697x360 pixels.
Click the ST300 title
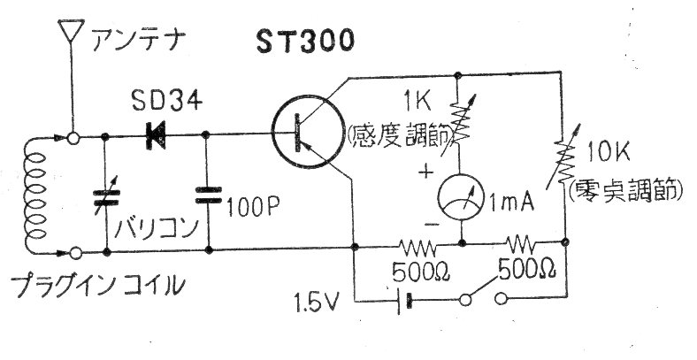click(305, 42)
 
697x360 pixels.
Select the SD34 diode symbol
click(155, 135)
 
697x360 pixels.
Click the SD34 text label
click(166, 102)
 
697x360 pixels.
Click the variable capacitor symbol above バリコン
click(106, 198)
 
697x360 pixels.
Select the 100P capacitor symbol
click(209, 195)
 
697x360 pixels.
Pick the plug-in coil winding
click(35, 195)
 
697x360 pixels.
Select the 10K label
click(608, 153)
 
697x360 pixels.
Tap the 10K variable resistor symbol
click(563, 158)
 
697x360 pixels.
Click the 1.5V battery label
click(316, 302)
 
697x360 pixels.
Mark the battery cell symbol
click(404, 302)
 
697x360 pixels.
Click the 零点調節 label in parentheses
click(625, 191)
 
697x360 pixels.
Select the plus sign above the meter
click(425, 172)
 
